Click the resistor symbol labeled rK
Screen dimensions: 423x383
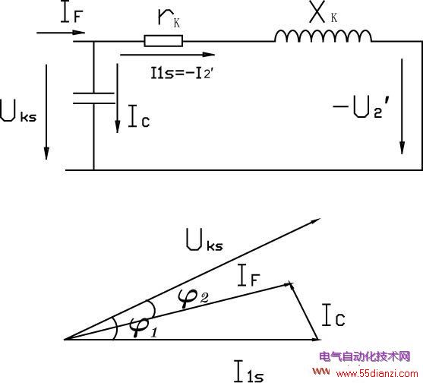click(163, 41)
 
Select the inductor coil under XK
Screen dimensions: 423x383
click(323, 36)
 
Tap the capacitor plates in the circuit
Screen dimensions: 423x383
click(94, 98)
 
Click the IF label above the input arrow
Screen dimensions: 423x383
click(72, 12)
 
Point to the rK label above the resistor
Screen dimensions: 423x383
click(169, 18)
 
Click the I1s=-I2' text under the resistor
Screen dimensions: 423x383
click(182, 73)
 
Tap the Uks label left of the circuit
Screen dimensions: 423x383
click(18, 111)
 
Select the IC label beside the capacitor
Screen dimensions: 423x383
click(139, 116)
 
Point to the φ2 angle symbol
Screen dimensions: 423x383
click(193, 298)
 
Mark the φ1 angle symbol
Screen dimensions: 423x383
click(144, 327)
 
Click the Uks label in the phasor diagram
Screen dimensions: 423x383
click(204, 240)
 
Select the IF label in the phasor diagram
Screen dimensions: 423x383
click(249, 275)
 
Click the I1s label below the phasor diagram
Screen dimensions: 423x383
click(248, 371)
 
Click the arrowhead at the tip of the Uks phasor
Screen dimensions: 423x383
click(315, 221)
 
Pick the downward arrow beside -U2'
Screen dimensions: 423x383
click(402, 106)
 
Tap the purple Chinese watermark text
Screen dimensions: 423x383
click(365, 356)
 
